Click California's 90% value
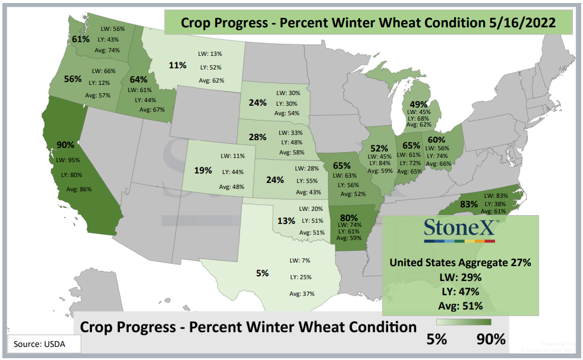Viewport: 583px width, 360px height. (x=65, y=145)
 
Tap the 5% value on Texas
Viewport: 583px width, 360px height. (x=262, y=273)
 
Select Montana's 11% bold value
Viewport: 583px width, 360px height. (x=177, y=65)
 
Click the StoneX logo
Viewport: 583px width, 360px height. (x=459, y=230)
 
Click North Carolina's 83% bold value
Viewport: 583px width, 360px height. (x=469, y=204)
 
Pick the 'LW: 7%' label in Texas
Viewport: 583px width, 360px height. (x=300, y=260)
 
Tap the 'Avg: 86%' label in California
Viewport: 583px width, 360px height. (x=79, y=189)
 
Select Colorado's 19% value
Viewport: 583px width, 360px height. (x=203, y=170)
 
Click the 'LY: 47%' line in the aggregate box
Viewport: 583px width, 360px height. (x=461, y=292)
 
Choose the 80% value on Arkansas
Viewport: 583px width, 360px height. (x=348, y=217)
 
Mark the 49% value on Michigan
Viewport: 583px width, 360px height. (x=418, y=105)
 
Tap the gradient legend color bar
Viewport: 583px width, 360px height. (x=464, y=322)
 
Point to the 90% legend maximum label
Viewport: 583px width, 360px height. (x=491, y=339)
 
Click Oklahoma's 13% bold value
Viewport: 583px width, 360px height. (x=286, y=221)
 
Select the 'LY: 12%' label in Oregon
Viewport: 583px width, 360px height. (x=99, y=83)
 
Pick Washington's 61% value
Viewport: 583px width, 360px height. (x=81, y=39)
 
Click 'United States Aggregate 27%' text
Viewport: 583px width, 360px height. (x=461, y=263)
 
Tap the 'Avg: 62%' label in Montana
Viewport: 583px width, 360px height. (x=211, y=80)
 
